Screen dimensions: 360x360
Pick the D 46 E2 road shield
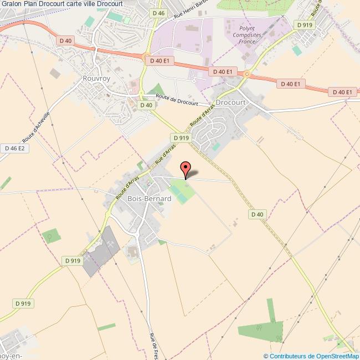click(x=15, y=148)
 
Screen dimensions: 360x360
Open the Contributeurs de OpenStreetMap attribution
click(x=311, y=356)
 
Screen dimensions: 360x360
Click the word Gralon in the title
click(x=11, y=3)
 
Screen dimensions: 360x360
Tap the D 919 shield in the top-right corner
click(x=305, y=25)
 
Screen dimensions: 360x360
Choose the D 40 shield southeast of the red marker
click(x=258, y=214)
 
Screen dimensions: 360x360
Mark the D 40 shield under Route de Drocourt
click(x=146, y=105)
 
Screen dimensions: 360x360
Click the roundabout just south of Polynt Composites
click(x=247, y=74)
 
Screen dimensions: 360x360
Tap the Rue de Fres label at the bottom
click(x=155, y=346)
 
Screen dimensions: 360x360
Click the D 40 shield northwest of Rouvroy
click(x=64, y=40)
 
